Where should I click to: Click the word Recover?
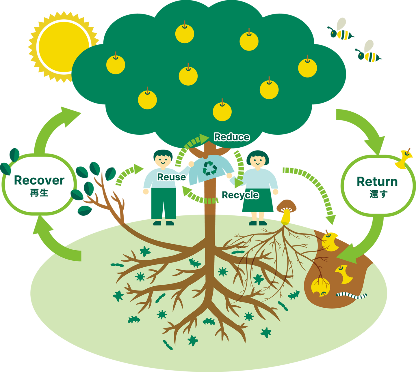[39, 180]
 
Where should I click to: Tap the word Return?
[377, 182]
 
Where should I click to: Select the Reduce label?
[232, 137]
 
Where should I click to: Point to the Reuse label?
[171, 177]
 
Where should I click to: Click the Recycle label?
[240, 195]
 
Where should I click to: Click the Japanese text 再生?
[39, 193]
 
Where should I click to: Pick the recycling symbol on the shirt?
[209, 169]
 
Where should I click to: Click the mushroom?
[286, 211]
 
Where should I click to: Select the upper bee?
[342, 31]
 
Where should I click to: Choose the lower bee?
[369, 53]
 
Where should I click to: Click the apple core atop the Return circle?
[403, 160]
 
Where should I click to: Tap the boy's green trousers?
[164, 203]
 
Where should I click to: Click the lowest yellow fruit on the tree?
[222, 111]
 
